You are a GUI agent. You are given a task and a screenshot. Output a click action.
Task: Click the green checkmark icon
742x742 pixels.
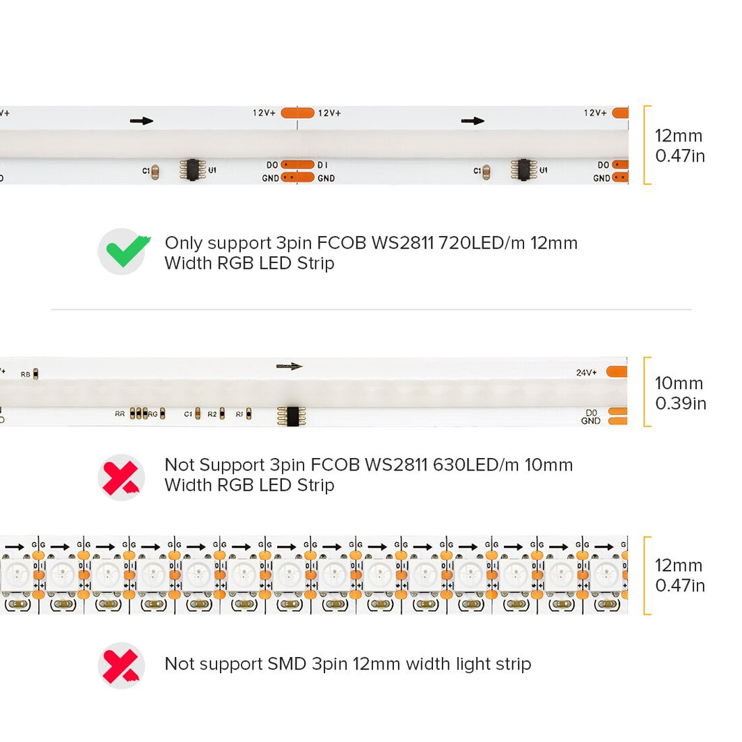(123, 251)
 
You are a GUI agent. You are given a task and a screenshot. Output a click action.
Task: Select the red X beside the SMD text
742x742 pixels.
(121, 665)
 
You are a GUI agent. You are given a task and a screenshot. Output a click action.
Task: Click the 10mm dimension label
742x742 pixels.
(679, 384)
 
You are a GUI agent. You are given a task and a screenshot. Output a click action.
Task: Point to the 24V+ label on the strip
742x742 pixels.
(587, 372)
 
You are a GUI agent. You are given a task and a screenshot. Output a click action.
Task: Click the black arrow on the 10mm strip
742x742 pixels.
(290, 366)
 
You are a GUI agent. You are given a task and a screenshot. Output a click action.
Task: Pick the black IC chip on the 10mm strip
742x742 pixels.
(288, 415)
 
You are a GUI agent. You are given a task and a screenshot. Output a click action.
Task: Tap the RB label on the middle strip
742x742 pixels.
(26, 374)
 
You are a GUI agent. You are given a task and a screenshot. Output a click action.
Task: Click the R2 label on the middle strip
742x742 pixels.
(212, 414)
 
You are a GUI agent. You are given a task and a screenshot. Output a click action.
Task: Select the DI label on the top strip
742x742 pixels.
(323, 165)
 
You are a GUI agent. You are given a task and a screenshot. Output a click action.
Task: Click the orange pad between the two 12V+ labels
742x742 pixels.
(297, 112)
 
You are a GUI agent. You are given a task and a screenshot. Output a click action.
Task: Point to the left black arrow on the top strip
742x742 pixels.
(141, 120)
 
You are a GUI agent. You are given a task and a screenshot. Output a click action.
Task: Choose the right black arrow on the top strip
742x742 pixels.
(473, 120)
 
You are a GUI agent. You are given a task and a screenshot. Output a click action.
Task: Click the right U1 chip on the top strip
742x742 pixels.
(523, 169)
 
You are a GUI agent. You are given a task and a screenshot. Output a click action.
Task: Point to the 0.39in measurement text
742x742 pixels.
(680, 403)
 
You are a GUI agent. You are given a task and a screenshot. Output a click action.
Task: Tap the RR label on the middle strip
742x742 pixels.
(120, 414)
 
